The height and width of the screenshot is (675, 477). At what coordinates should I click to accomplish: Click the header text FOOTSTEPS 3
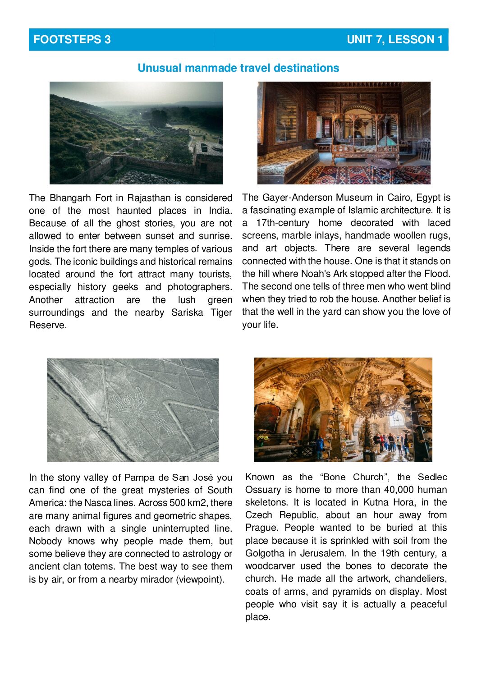(x=72, y=40)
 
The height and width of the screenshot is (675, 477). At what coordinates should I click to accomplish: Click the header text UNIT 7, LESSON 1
(x=394, y=40)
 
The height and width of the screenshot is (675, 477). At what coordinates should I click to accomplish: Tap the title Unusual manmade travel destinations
(x=238, y=68)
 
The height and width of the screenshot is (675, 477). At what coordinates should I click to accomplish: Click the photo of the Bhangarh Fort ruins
(x=136, y=133)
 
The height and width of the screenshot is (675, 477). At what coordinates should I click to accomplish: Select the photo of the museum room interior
(x=344, y=133)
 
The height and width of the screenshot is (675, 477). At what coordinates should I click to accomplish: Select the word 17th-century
(x=283, y=223)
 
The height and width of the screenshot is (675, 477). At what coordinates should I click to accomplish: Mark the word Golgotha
(x=266, y=553)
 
